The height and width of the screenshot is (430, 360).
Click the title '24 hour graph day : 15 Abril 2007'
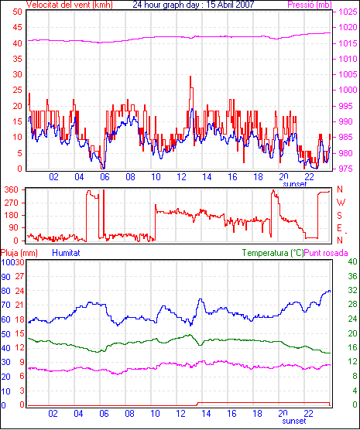tap(194, 5)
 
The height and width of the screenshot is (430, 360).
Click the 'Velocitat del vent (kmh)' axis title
tap(70, 5)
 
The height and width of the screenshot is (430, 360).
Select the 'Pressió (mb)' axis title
tap(310, 5)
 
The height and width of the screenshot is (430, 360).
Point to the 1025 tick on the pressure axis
tap(348, 12)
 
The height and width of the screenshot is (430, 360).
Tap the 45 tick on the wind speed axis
tap(17, 27)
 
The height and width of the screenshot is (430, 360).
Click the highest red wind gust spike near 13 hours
tap(190, 77)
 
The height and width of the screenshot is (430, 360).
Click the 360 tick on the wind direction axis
tap(12, 189)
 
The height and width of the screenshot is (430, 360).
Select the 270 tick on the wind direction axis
tap(12, 203)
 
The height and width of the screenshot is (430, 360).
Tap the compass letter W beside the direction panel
tap(341, 203)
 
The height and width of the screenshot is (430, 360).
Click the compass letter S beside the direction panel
tap(339, 216)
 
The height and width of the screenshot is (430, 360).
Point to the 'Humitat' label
tap(66, 253)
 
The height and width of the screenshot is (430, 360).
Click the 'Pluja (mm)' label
tap(19, 253)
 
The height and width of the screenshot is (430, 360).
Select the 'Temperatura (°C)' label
tap(273, 253)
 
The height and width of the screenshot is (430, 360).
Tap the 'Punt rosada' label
tap(326, 253)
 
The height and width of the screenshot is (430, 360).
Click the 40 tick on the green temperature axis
tap(352, 261)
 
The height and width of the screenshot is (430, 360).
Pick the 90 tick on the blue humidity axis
tap(5, 277)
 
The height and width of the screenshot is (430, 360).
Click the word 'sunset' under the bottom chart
tap(294, 421)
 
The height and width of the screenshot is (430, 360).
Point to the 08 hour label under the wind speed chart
tap(130, 177)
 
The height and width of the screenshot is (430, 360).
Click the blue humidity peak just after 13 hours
tap(201, 299)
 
